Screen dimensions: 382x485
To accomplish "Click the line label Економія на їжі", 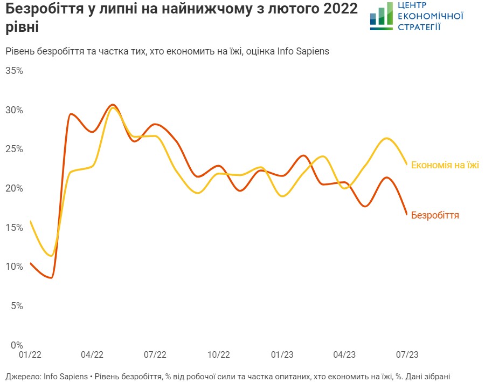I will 445,165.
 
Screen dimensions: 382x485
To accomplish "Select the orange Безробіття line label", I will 435,215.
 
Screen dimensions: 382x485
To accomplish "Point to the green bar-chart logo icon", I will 382,15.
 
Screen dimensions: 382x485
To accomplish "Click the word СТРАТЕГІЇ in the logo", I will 419,26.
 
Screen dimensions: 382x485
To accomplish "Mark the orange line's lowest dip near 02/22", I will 51,278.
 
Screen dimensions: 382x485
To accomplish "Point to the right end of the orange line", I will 407,214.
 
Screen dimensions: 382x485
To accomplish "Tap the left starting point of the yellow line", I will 30,221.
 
